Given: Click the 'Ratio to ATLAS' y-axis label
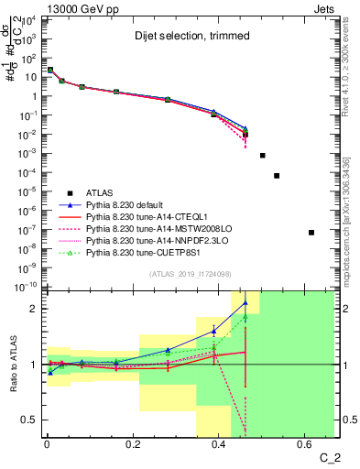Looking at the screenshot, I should [x=12, y=365].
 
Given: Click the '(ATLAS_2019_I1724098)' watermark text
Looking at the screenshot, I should [x=190, y=274].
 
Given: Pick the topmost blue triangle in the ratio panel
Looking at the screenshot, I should [x=245, y=302].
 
